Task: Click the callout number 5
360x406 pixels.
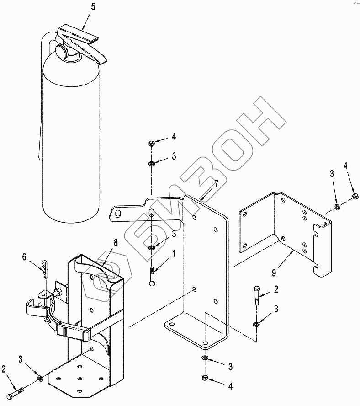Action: (x=93, y=7)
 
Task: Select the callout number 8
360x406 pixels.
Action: (x=116, y=243)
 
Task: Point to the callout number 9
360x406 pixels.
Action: (x=274, y=272)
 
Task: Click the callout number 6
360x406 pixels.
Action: (x=24, y=257)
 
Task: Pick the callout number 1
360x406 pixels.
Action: (x=174, y=253)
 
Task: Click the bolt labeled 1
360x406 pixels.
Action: (x=152, y=276)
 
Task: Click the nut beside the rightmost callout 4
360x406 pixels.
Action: (x=355, y=196)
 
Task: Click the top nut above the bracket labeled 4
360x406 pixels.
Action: (x=152, y=143)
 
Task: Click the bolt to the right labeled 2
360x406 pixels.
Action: (x=256, y=295)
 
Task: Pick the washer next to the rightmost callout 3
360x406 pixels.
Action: (x=337, y=207)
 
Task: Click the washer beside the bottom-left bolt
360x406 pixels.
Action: (x=40, y=378)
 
